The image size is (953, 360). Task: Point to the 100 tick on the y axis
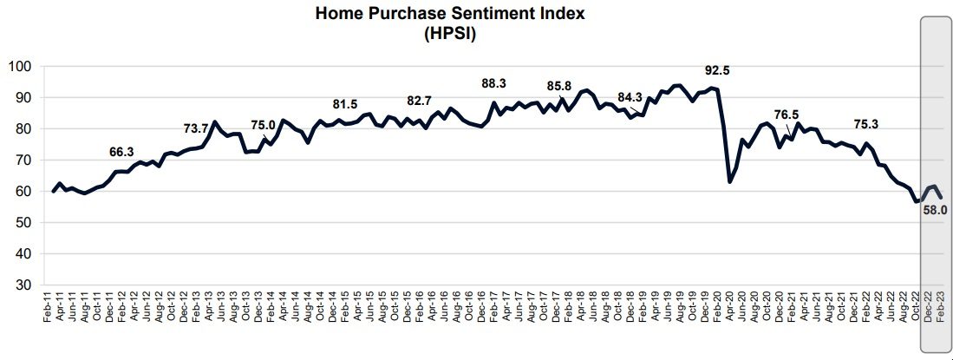pyautogui.click(x=19, y=67)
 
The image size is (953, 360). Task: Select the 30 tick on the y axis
pyautogui.click(x=23, y=285)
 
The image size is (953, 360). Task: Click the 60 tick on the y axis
pyautogui.click(x=23, y=192)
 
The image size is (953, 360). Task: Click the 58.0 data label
pyautogui.click(x=935, y=209)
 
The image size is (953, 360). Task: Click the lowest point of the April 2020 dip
pyautogui.click(x=730, y=181)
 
